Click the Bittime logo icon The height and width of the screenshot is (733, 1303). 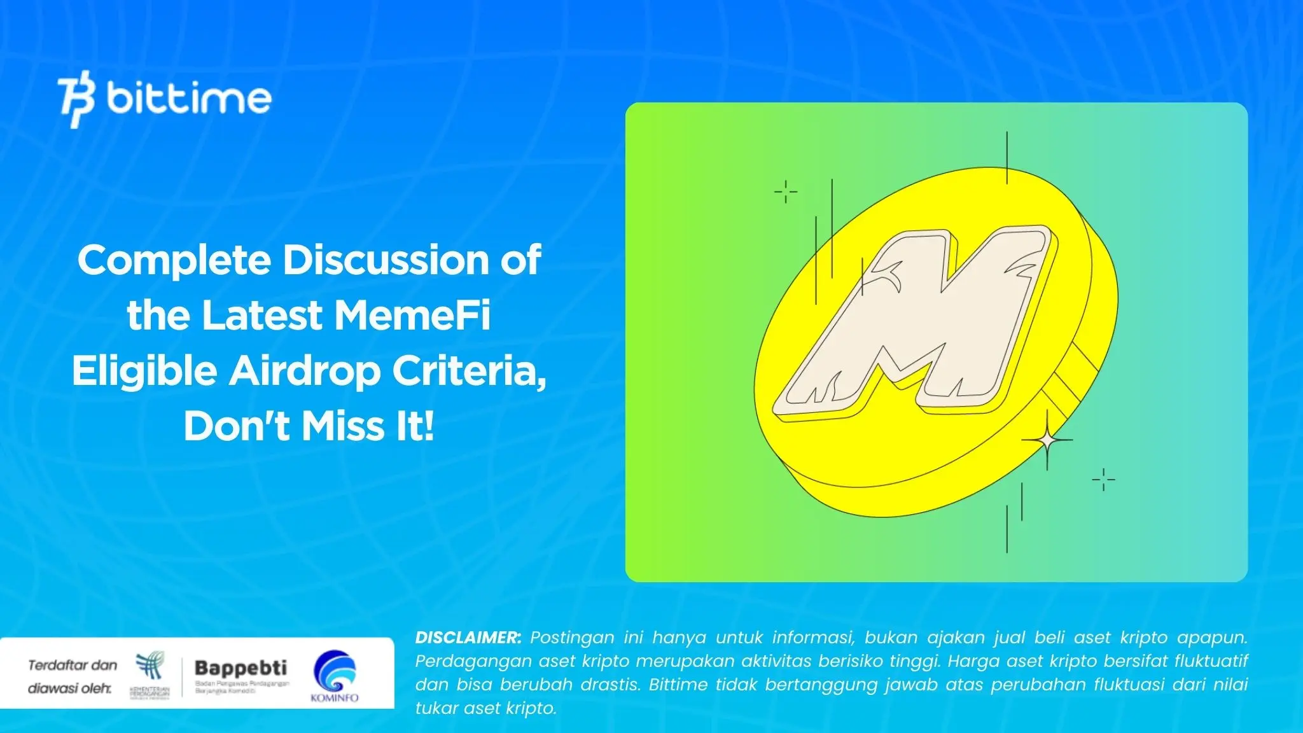[x=76, y=99]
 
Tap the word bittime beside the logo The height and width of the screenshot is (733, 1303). [x=189, y=99]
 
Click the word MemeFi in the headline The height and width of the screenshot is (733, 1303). [x=412, y=316]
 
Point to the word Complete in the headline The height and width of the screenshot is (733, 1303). [x=174, y=260]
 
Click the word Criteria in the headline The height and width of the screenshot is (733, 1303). [x=469, y=371]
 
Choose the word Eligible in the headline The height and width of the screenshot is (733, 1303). [x=144, y=371]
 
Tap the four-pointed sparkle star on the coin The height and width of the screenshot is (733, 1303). [x=1047, y=440]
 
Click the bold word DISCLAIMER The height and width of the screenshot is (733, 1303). [x=468, y=638]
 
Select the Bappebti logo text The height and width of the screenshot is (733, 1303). [x=240, y=668]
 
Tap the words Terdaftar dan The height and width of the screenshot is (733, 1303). [x=73, y=666]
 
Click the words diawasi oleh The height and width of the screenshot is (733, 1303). [x=69, y=688]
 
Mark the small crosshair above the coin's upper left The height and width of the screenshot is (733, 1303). [x=786, y=191]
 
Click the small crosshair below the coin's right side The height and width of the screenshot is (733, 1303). [x=1103, y=479]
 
